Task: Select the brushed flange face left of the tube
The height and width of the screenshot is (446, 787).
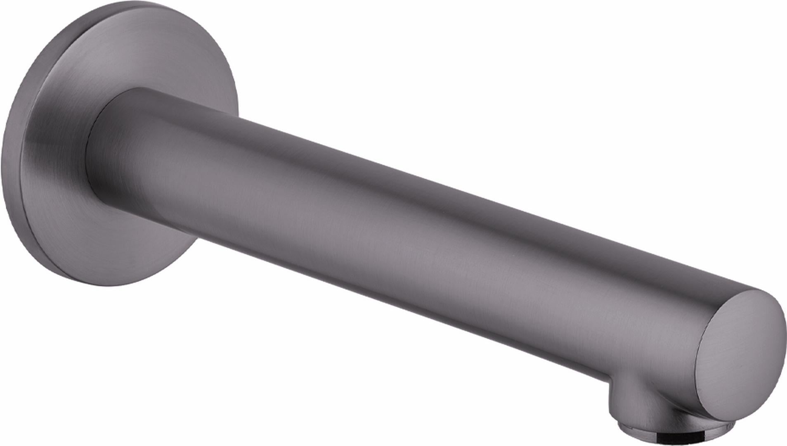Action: (50, 165)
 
